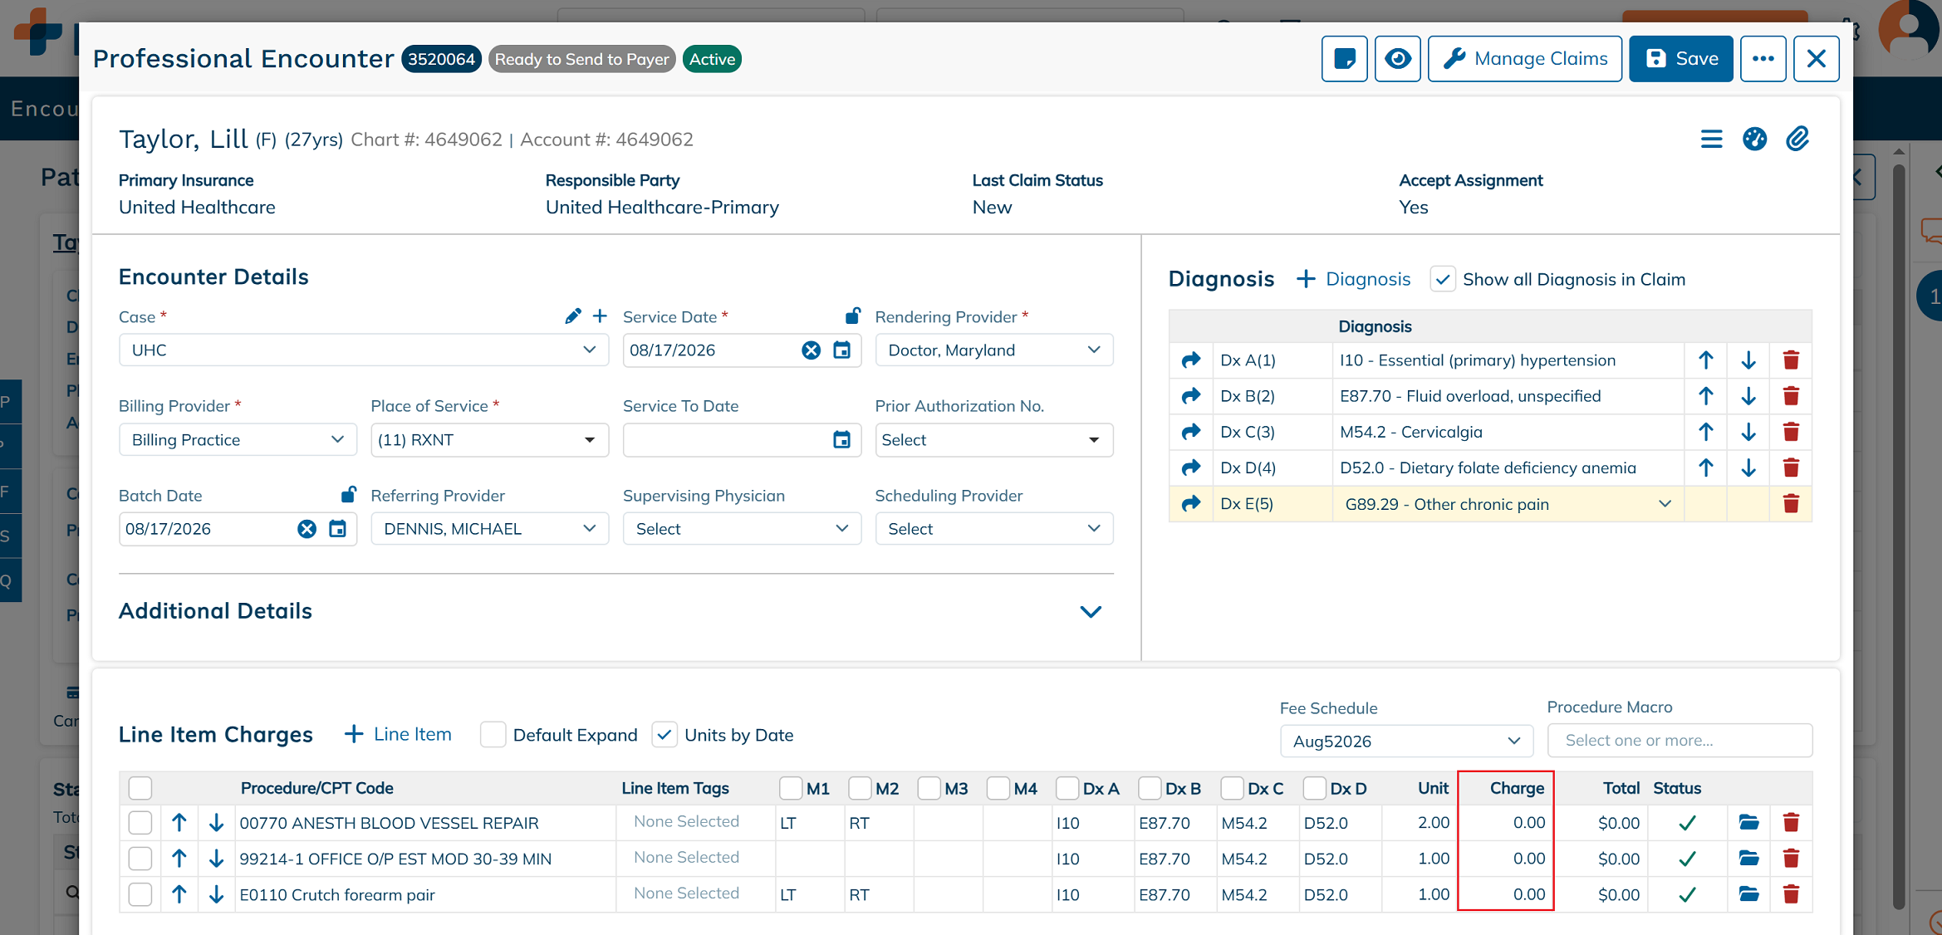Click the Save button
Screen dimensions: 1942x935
pyautogui.click(x=1680, y=59)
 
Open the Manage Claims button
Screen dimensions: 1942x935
pyautogui.click(x=1524, y=59)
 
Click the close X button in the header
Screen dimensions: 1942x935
pyautogui.click(x=1816, y=59)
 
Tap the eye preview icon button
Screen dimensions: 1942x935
pyautogui.click(x=1397, y=59)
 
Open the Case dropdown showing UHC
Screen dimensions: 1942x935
pyautogui.click(x=364, y=350)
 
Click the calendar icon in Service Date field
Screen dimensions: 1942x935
pyautogui.click(x=841, y=350)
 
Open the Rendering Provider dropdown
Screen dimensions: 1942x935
pyautogui.click(x=993, y=350)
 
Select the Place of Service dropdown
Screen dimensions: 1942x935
pyautogui.click(x=489, y=440)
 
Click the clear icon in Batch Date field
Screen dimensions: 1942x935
pyautogui.click(x=307, y=529)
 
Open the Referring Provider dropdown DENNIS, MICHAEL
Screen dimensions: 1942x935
pyautogui.click(x=489, y=529)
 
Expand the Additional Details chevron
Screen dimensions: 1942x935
pyautogui.click(x=1091, y=612)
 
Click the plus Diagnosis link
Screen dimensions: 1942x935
pyautogui.click(x=1353, y=279)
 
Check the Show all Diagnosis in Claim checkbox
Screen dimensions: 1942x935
pyautogui.click(x=1443, y=279)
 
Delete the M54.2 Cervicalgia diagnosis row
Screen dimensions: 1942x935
pyautogui.click(x=1791, y=432)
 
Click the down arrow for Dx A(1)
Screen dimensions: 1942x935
pyautogui.click(x=1748, y=360)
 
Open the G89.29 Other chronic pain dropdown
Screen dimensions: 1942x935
pyautogui.click(x=1508, y=504)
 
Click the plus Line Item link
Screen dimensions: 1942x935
pyautogui.click(x=398, y=735)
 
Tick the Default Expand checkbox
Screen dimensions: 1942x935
pyautogui.click(x=493, y=735)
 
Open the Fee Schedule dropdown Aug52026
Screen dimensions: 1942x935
pyautogui.click(x=1406, y=742)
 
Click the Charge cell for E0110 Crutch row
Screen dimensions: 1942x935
pyautogui.click(x=1505, y=895)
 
